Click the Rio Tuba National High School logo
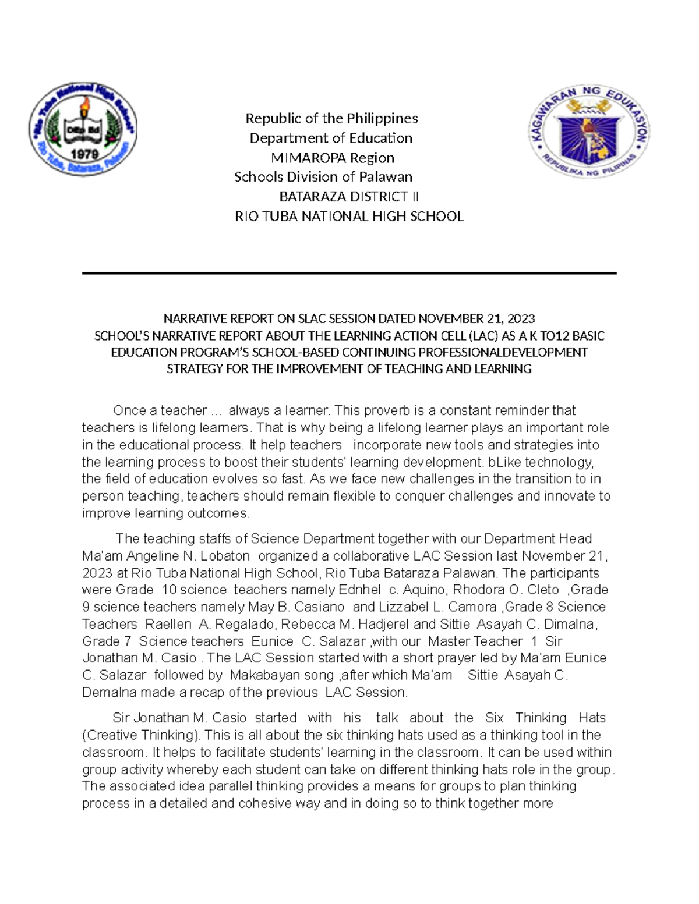point(83,129)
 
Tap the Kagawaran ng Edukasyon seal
point(588,132)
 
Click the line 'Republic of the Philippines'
point(331,119)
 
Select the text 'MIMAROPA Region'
point(333,158)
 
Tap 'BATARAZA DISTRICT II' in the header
point(349,197)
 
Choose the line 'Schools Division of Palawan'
point(323,177)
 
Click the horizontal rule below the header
point(349,273)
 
